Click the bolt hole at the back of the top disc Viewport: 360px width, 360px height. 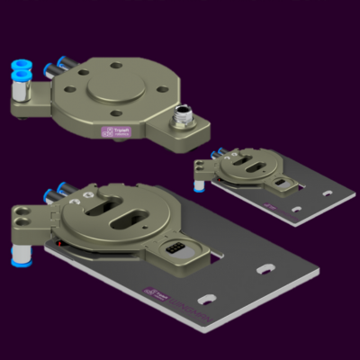click(117, 64)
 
